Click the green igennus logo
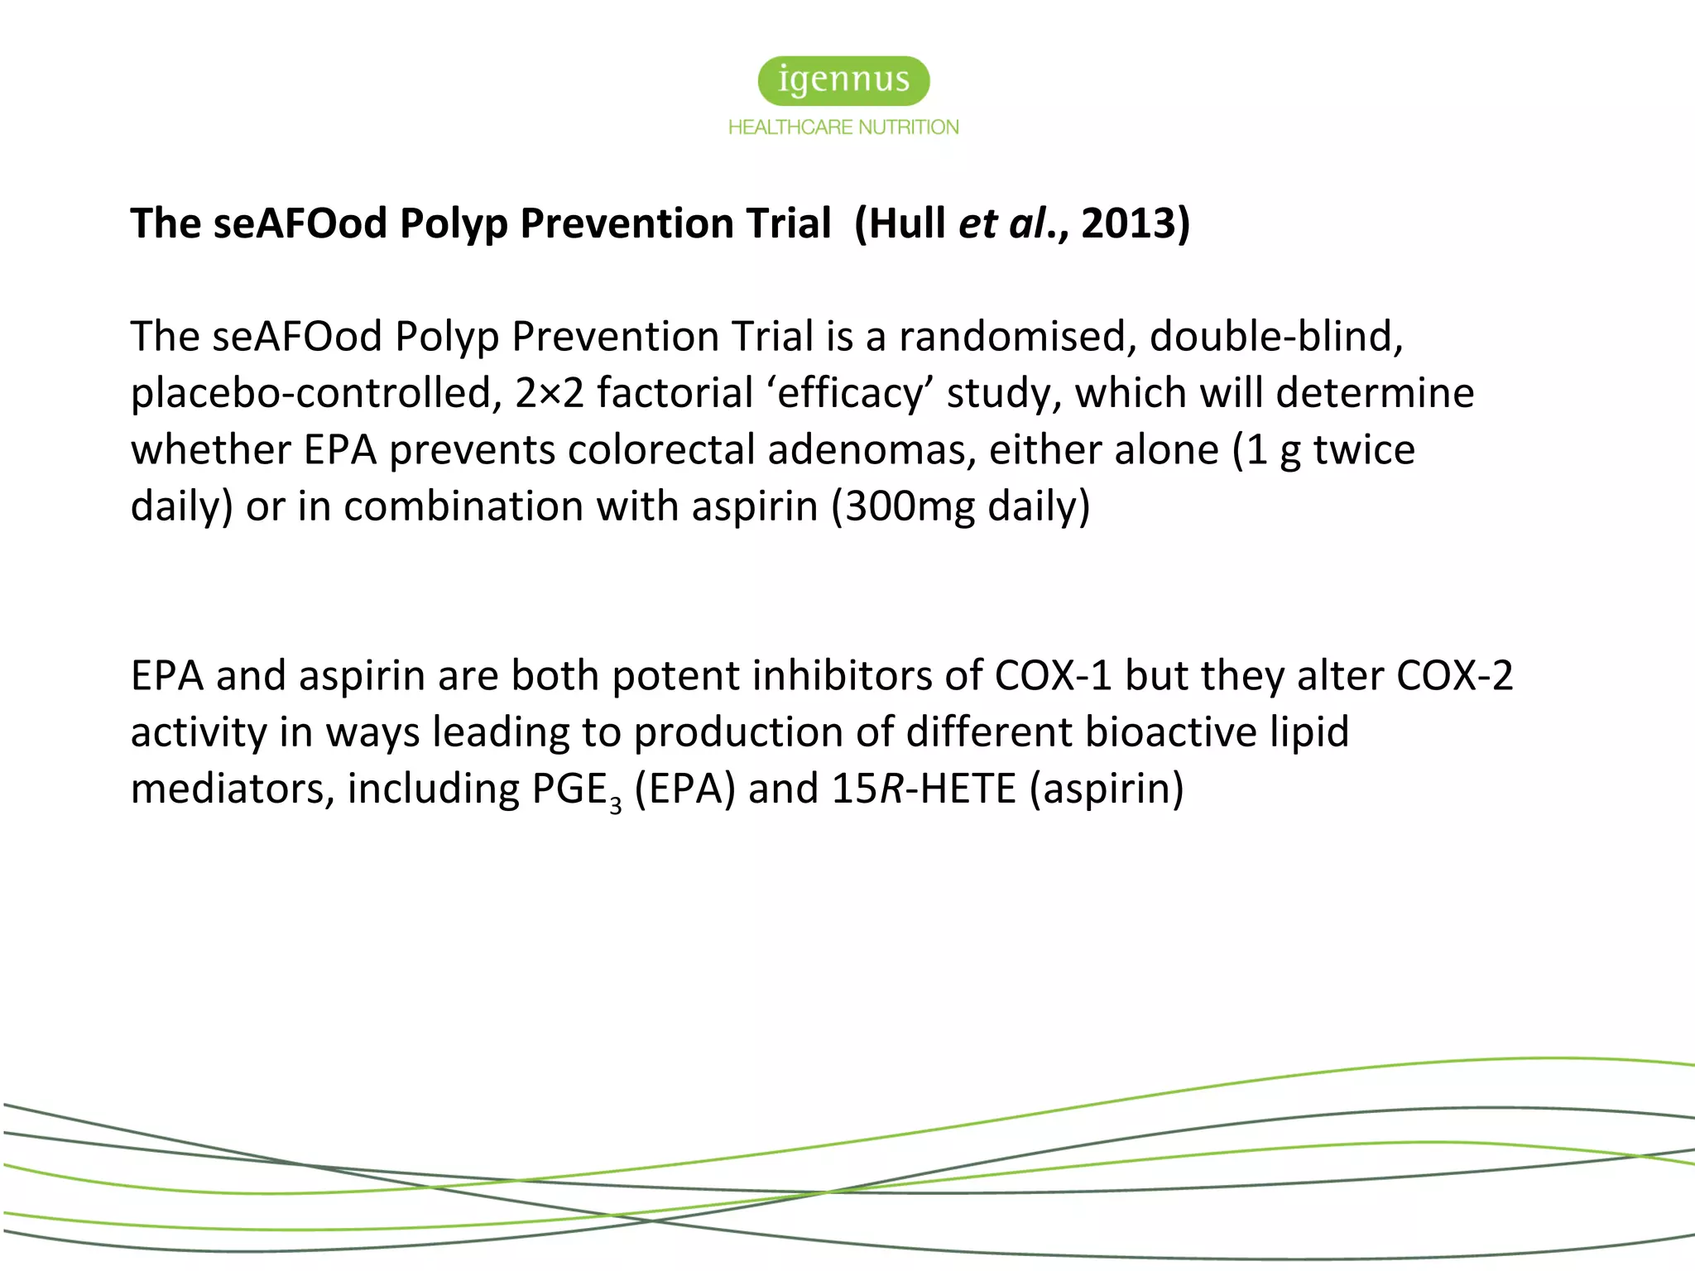click(843, 80)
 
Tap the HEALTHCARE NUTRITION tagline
click(843, 127)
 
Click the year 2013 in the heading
click(1127, 223)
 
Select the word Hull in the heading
click(907, 223)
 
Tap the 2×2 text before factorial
click(549, 393)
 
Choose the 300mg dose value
click(910, 506)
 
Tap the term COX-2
click(1454, 676)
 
